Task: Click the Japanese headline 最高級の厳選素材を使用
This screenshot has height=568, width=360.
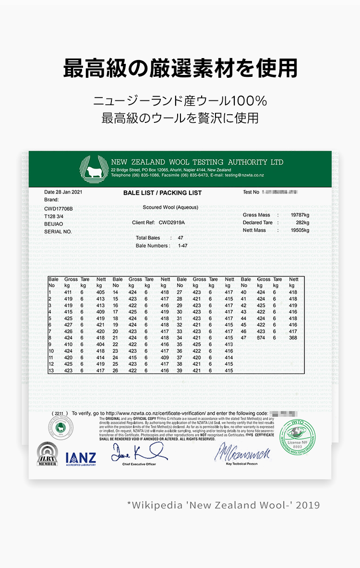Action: point(180,69)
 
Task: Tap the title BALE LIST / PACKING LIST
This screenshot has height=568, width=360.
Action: point(162,193)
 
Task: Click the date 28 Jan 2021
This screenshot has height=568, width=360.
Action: point(63,192)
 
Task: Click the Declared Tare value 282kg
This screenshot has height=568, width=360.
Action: point(302,223)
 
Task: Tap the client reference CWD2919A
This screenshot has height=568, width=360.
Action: point(171,223)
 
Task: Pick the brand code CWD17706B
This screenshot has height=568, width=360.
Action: point(59,209)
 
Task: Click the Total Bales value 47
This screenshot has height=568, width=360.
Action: point(180,238)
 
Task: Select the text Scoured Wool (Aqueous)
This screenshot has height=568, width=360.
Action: point(170,207)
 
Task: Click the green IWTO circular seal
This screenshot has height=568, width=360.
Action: point(298,438)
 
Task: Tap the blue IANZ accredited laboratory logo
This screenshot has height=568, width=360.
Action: point(81,459)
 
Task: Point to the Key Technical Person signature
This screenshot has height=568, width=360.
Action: point(242,452)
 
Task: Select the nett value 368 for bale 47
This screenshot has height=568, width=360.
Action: point(293,338)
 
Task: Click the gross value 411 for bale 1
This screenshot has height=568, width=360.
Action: point(68,292)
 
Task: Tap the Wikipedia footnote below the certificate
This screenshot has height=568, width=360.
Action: point(223,505)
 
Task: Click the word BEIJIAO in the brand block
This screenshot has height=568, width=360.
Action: point(53,224)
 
